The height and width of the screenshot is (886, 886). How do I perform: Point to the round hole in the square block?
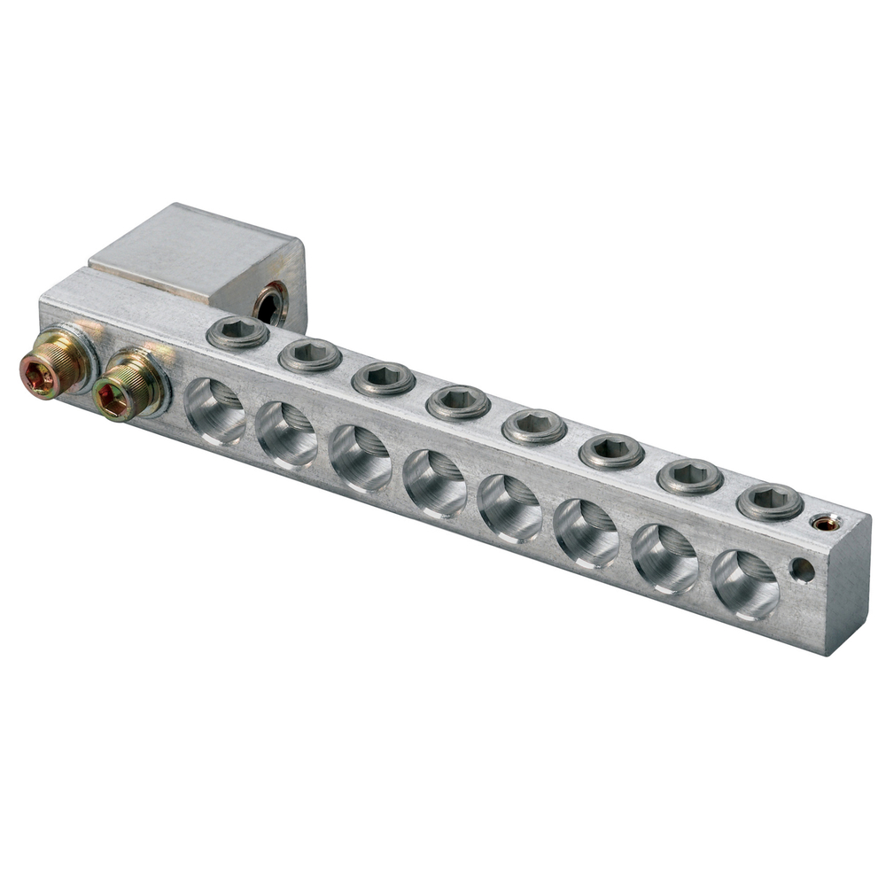point(270,304)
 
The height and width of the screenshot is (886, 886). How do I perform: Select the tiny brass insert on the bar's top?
point(826,524)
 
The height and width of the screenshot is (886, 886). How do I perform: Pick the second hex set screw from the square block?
point(310,355)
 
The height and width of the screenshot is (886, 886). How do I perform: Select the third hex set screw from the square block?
point(384,378)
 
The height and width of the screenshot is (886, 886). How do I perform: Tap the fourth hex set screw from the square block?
point(458,402)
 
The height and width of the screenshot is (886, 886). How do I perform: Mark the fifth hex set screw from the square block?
point(533,426)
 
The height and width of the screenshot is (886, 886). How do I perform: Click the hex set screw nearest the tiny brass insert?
point(770,501)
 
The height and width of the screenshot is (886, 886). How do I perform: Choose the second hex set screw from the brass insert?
point(690,476)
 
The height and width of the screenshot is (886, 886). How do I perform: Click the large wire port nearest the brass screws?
point(215,412)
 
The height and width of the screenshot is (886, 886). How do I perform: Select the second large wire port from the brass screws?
point(287,435)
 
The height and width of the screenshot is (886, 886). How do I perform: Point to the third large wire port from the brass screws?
point(360,459)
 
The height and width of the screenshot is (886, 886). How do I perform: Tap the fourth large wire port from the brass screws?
point(434,484)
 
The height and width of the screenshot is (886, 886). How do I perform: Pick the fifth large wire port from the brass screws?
point(509,509)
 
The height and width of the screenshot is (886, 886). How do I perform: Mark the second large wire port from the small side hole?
point(664,559)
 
